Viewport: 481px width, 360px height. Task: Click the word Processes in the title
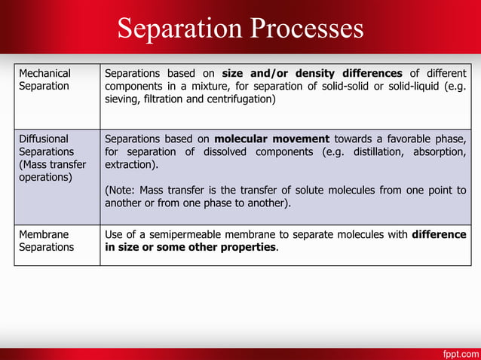(305, 29)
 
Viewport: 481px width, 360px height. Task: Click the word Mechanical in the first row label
(44, 73)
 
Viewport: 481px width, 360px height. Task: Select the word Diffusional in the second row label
(44, 139)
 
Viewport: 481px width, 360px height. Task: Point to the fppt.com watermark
(457, 352)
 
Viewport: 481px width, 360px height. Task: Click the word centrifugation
(240, 99)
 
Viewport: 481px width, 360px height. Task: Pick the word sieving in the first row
(121, 99)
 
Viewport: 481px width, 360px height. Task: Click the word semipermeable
(198, 234)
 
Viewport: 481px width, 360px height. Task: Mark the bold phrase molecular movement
(271, 139)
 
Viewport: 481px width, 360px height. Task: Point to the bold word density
(314, 73)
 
